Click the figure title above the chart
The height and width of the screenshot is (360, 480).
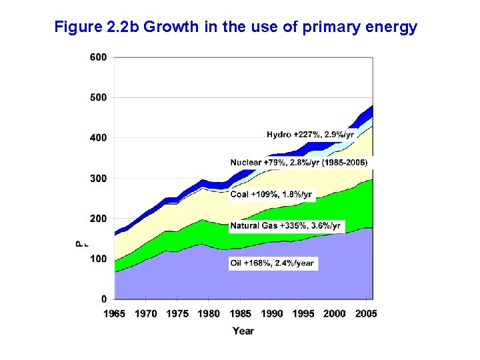coord(235,27)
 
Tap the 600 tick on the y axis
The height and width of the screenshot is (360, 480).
coord(98,57)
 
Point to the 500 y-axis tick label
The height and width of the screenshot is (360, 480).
coord(98,97)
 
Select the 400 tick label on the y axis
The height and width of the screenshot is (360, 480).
coord(98,137)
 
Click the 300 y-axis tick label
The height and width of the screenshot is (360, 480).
coord(98,178)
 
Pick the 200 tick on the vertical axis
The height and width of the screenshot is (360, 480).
coord(98,218)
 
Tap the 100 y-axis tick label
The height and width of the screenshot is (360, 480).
coord(98,258)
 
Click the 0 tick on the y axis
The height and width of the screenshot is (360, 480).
coord(103,298)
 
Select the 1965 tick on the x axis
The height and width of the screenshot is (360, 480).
coord(115,313)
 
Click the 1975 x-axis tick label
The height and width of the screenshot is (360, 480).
coord(178,313)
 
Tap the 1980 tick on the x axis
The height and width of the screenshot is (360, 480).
coord(209,313)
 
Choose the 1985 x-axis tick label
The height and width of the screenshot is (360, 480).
coord(241,313)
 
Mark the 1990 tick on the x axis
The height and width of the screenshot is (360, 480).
coord(272,313)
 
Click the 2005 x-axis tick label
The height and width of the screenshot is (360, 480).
coord(366,313)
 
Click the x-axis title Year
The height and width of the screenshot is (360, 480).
coord(243,331)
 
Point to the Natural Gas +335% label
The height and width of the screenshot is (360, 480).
coord(285,226)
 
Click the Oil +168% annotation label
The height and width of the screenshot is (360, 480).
coord(272,263)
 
